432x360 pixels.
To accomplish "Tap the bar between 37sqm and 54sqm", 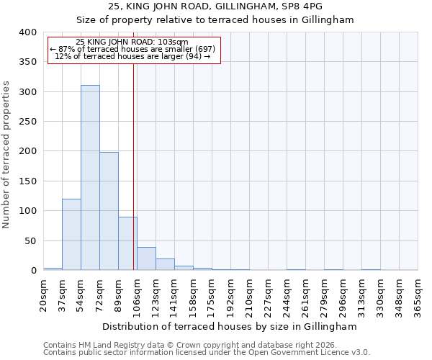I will (x=71, y=235).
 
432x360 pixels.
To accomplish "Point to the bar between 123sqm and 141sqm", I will (x=165, y=264).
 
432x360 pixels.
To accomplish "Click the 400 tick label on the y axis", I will (x=27, y=32).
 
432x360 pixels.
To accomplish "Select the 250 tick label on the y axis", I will (x=27, y=122).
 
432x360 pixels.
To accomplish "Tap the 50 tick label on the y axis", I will (x=30, y=240).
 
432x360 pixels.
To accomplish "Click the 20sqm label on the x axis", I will (x=44, y=292).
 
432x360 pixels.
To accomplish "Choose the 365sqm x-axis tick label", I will (x=418, y=294).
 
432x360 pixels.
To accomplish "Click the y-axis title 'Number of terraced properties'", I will (x=6, y=155).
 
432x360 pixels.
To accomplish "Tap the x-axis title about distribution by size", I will (x=230, y=326).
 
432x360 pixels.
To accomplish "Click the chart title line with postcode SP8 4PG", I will (x=215, y=6).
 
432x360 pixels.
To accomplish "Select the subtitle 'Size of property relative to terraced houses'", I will (x=215, y=20).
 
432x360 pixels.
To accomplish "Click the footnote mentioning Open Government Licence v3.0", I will (x=207, y=353).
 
